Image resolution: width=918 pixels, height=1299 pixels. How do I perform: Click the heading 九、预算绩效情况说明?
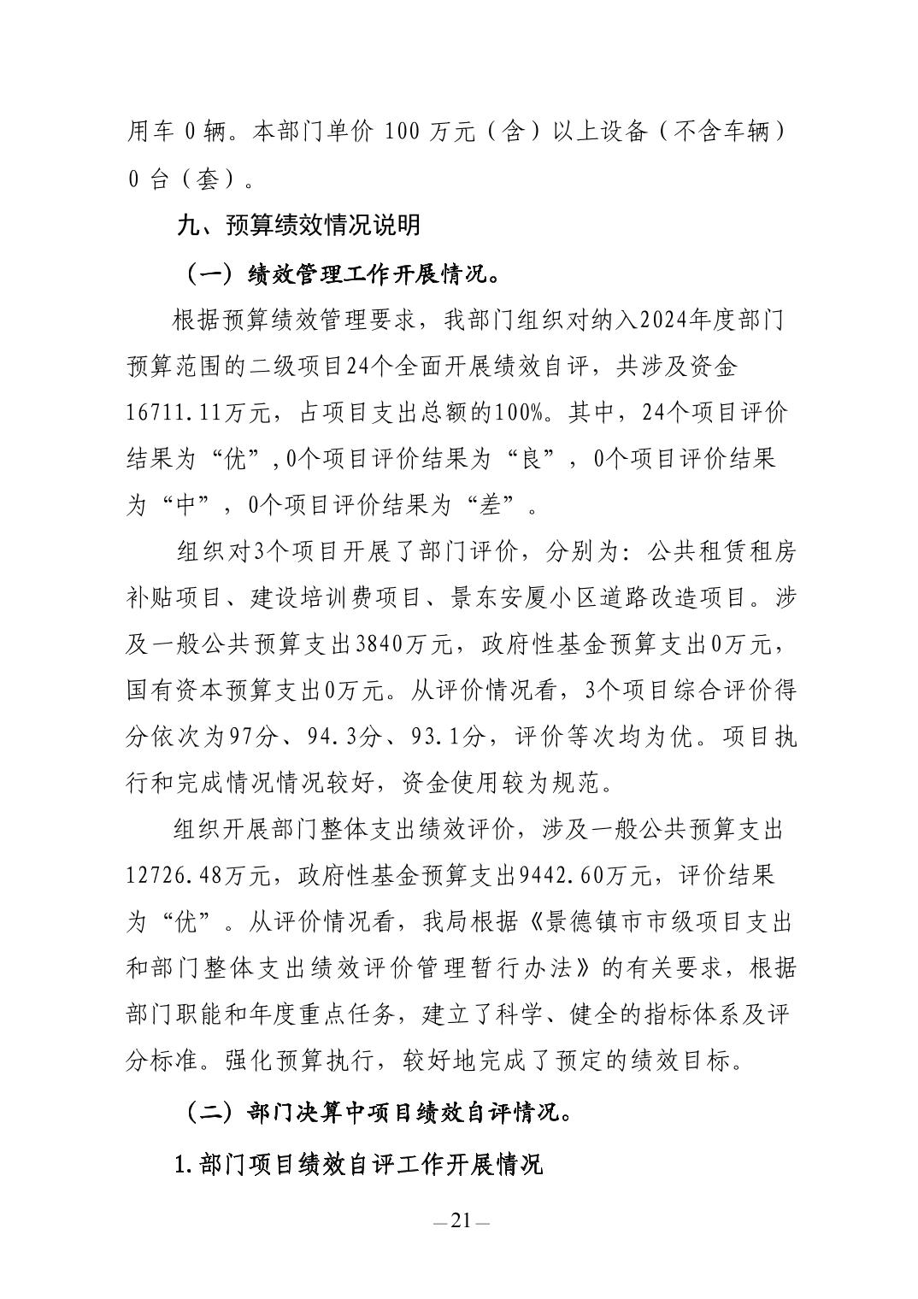tap(298, 225)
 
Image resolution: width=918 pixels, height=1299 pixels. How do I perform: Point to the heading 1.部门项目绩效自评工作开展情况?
tap(358, 1163)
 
